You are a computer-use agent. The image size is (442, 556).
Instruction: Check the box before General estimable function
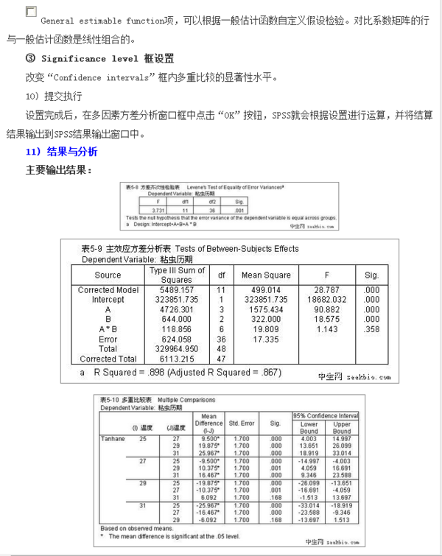(31, 12)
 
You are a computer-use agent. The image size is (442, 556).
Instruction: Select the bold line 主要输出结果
(59, 170)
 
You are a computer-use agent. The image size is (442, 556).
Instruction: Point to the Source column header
(108, 275)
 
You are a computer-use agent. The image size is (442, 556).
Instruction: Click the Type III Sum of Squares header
(177, 275)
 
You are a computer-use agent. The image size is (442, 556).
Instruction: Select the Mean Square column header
(266, 275)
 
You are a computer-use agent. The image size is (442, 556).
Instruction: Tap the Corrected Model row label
(108, 290)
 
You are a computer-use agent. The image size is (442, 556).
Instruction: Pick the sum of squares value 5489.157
(177, 290)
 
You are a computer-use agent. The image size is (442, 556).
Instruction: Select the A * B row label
(108, 329)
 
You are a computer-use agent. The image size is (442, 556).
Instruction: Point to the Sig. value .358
(371, 329)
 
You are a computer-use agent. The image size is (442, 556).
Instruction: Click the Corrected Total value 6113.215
(177, 359)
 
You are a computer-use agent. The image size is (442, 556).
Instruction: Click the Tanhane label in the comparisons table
(113, 439)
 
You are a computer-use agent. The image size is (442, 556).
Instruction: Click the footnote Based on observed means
(137, 528)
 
